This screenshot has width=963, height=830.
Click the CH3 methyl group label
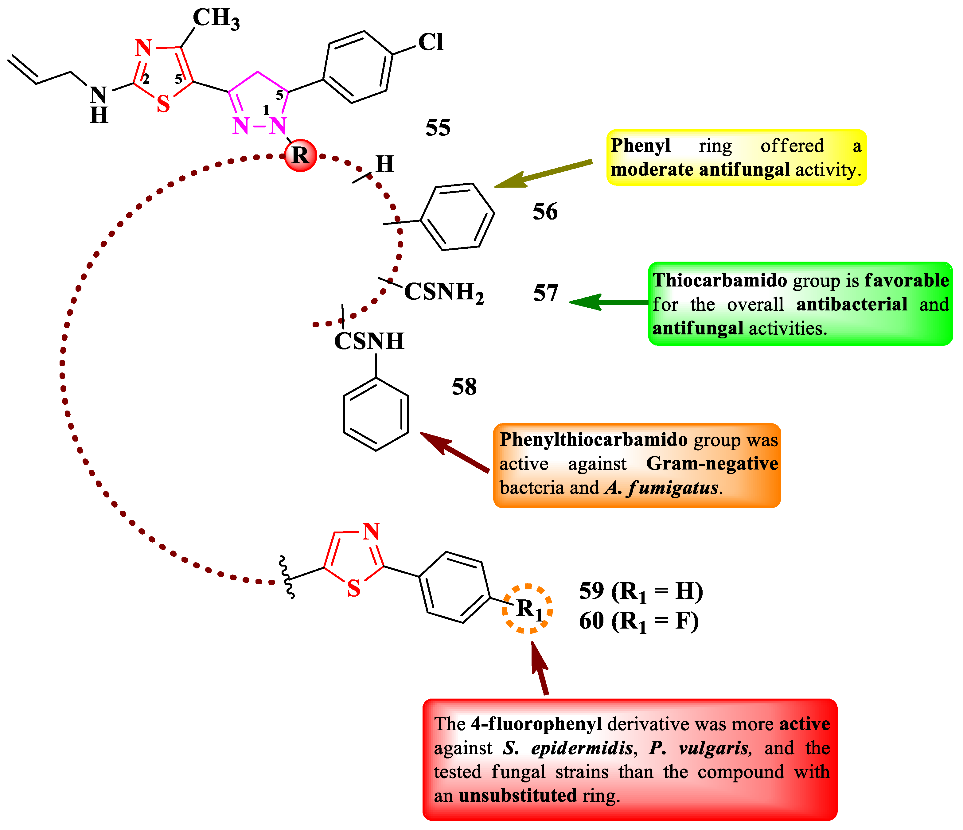[216, 19]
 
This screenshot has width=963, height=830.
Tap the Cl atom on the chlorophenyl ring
[431, 42]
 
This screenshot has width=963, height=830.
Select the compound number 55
[438, 128]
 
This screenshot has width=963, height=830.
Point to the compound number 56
[545, 212]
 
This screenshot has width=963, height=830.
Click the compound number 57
[545, 293]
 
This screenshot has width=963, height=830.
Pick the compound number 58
[464, 387]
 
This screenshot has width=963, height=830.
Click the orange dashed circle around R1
[527, 608]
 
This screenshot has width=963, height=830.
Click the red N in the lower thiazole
[371, 532]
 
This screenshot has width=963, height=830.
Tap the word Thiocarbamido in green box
[719, 281]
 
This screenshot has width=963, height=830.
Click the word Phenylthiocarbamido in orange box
[594, 440]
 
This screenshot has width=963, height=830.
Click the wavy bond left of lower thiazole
[286, 577]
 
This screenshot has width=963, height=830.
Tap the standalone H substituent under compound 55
[384, 164]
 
